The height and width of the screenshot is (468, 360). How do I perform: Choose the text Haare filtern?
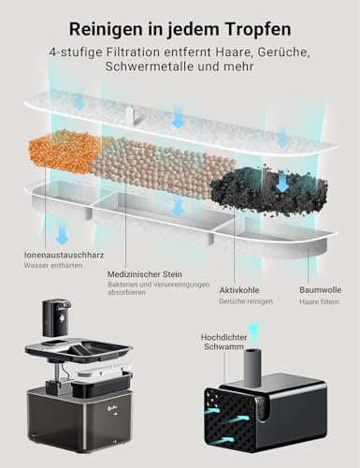pyautogui.click(x=319, y=276)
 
